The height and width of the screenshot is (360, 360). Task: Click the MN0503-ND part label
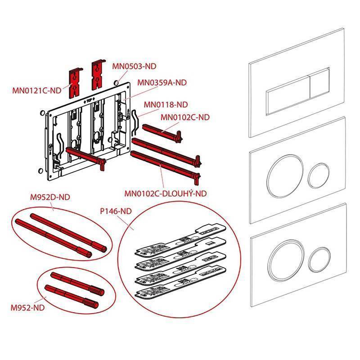pyautogui.click(x=134, y=66)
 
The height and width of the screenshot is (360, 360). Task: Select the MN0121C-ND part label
pyautogui.click(x=37, y=90)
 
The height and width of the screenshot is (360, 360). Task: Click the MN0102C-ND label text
pyautogui.click(x=185, y=117)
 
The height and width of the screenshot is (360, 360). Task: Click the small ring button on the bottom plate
pyautogui.click(x=319, y=260)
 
